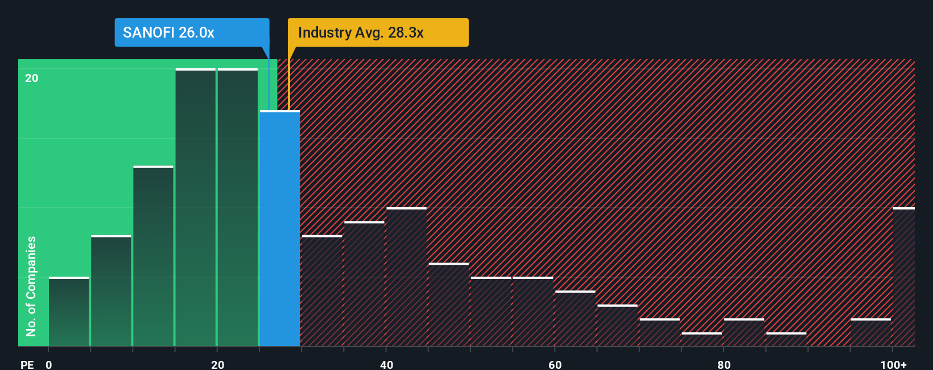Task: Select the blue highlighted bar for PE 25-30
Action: pyautogui.click(x=280, y=228)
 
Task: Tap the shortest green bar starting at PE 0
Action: pyautogui.click(x=69, y=311)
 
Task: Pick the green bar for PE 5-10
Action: pyautogui.click(x=111, y=290)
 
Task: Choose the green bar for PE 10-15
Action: pyautogui.click(x=153, y=256)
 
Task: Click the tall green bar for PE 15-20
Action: pyautogui.click(x=196, y=208)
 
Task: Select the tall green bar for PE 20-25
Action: pyautogui.click(x=238, y=208)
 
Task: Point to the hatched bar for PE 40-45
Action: pyautogui.click(x=406, y=277)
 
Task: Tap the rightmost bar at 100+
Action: pyautogui.click(x=903, y=277)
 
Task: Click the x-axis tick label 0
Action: pyautogui.click(x=49, y=364)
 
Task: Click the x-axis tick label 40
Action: pyautogui.click(x=386, y=364)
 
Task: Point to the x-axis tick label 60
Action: pyautogui.click(x=555, y=364)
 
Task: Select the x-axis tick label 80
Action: pyautogui.click(x=724, y=364)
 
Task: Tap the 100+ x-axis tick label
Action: pyautogui.click(x=893, y=364)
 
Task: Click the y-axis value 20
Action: pyautogui.click(x=32, y=78)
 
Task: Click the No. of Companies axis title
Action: pyautogui.click(x=31, y=286)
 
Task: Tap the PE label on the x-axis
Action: pyautogui.click(x=27, y=364)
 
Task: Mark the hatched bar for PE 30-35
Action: pyautogui.click(x=322, y=291)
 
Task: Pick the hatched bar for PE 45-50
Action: pyautogui.click(x=449, y=305)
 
